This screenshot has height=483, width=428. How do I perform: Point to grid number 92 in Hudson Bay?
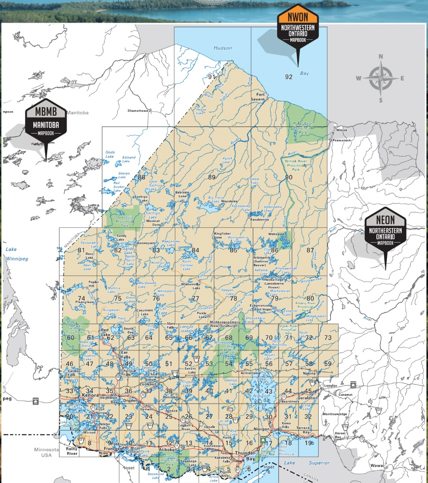(x=289, y=77)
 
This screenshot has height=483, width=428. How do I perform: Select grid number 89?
(x=212, y=177)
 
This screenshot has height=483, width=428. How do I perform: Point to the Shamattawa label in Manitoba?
(x=138, y=111)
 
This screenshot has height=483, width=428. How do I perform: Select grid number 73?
(x=328, y=338)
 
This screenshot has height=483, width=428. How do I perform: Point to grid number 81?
(x=81, y=250)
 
